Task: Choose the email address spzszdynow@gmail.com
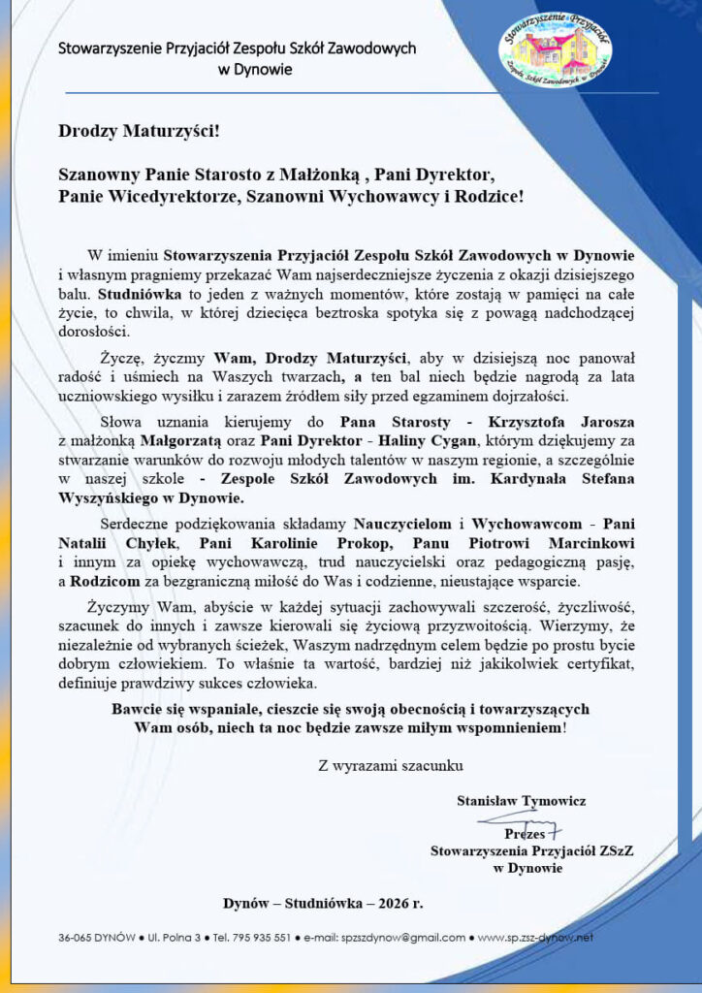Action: (x=398, y=938)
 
